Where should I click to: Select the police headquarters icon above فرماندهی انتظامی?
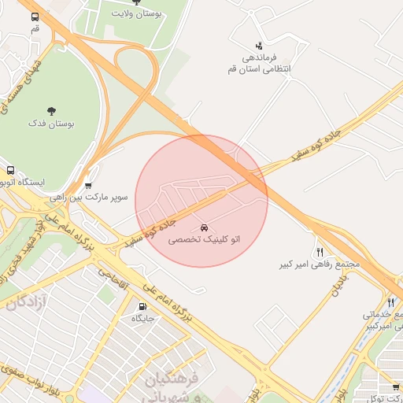[x=259, y=46]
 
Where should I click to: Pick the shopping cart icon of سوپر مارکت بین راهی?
[x=87, y=186]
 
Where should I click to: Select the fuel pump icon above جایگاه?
[x=142, y=307]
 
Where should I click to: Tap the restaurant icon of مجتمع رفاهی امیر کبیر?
[x=320, y=252]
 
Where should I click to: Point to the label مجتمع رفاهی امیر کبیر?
[x=319, y=264]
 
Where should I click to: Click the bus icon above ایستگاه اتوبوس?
[x=10, y=170]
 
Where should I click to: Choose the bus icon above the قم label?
[x=35, y=17]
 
